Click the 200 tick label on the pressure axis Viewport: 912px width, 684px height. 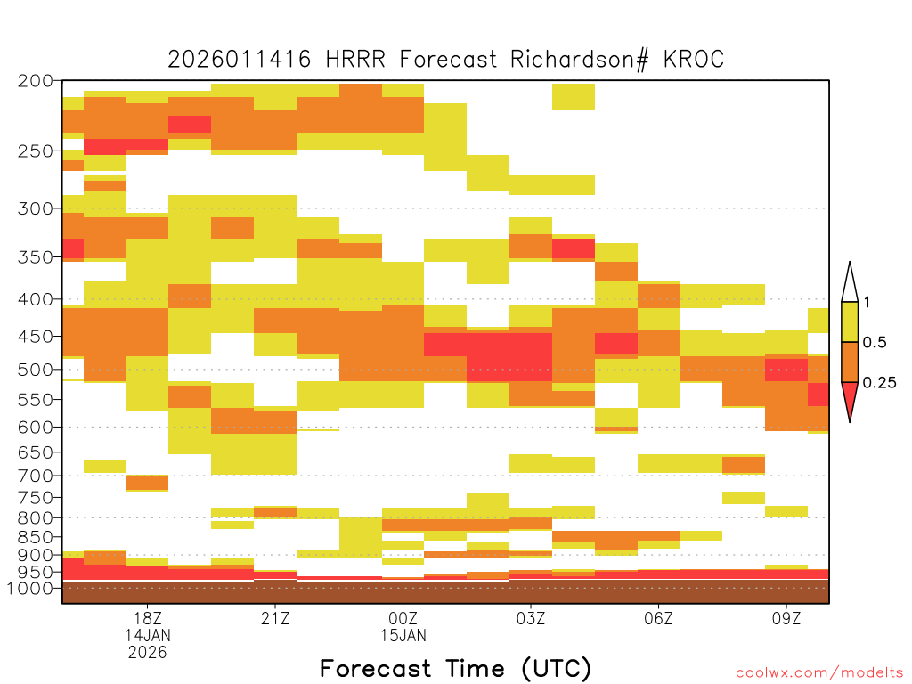35,81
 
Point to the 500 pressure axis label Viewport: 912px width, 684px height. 35,370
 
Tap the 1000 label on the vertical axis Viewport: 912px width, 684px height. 30,588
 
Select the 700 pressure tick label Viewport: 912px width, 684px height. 35,476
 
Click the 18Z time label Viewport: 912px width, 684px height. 148,618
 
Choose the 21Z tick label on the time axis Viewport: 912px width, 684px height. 275,618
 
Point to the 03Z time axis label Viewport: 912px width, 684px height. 531,618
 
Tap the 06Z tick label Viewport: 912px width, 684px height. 658,618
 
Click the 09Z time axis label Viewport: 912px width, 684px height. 786,618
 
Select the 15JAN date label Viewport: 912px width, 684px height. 403,635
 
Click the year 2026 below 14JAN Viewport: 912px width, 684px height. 148,653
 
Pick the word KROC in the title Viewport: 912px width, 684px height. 693,60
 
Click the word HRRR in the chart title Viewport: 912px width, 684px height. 355,60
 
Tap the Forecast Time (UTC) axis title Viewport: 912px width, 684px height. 455,669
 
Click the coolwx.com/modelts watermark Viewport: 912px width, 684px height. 819,673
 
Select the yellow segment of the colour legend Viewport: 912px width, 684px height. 850,322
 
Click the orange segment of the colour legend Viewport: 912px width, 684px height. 850,362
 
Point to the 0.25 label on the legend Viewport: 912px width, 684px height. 879,383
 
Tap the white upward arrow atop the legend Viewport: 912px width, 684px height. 850,282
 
